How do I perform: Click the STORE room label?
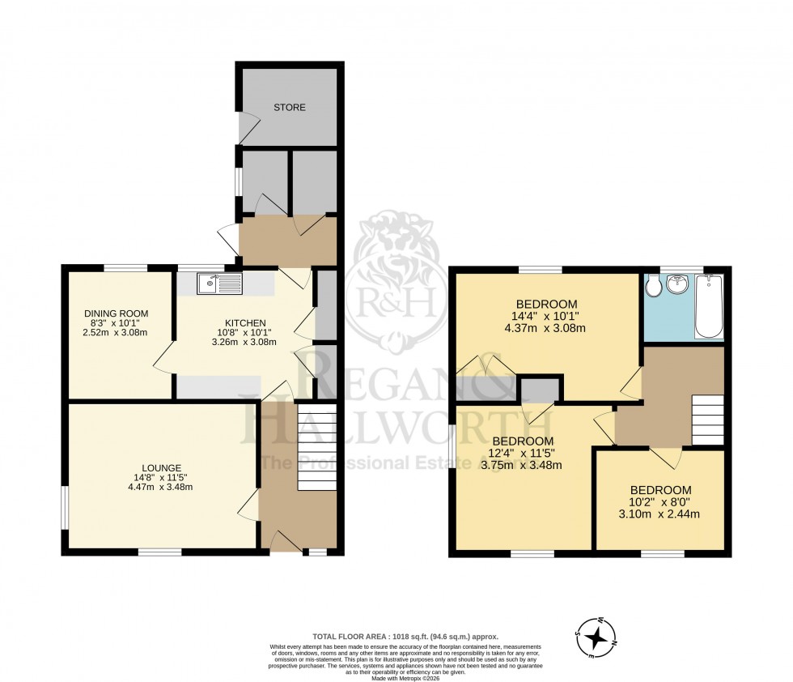point(289,107)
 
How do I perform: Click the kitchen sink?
point(219,283)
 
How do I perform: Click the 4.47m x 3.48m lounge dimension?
point(160,487)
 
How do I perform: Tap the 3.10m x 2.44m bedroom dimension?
point(660,514)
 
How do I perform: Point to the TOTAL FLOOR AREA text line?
point(405,637)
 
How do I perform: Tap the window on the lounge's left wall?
point(66,507)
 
